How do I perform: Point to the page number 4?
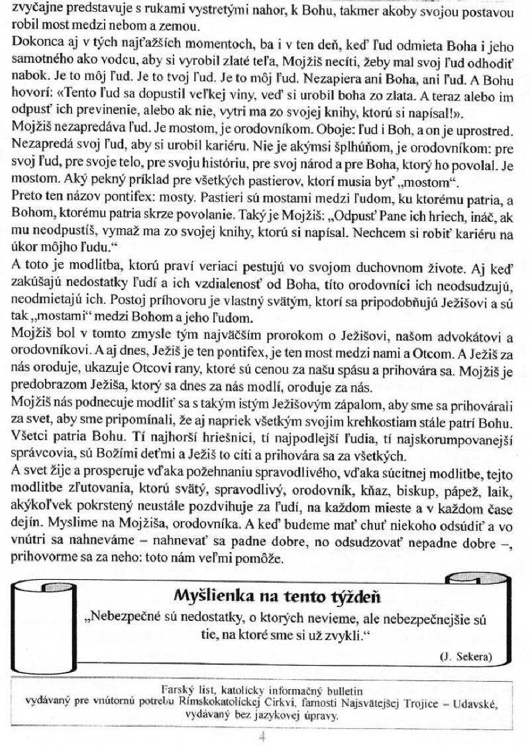pyautogui.click(x=263, y=735)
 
